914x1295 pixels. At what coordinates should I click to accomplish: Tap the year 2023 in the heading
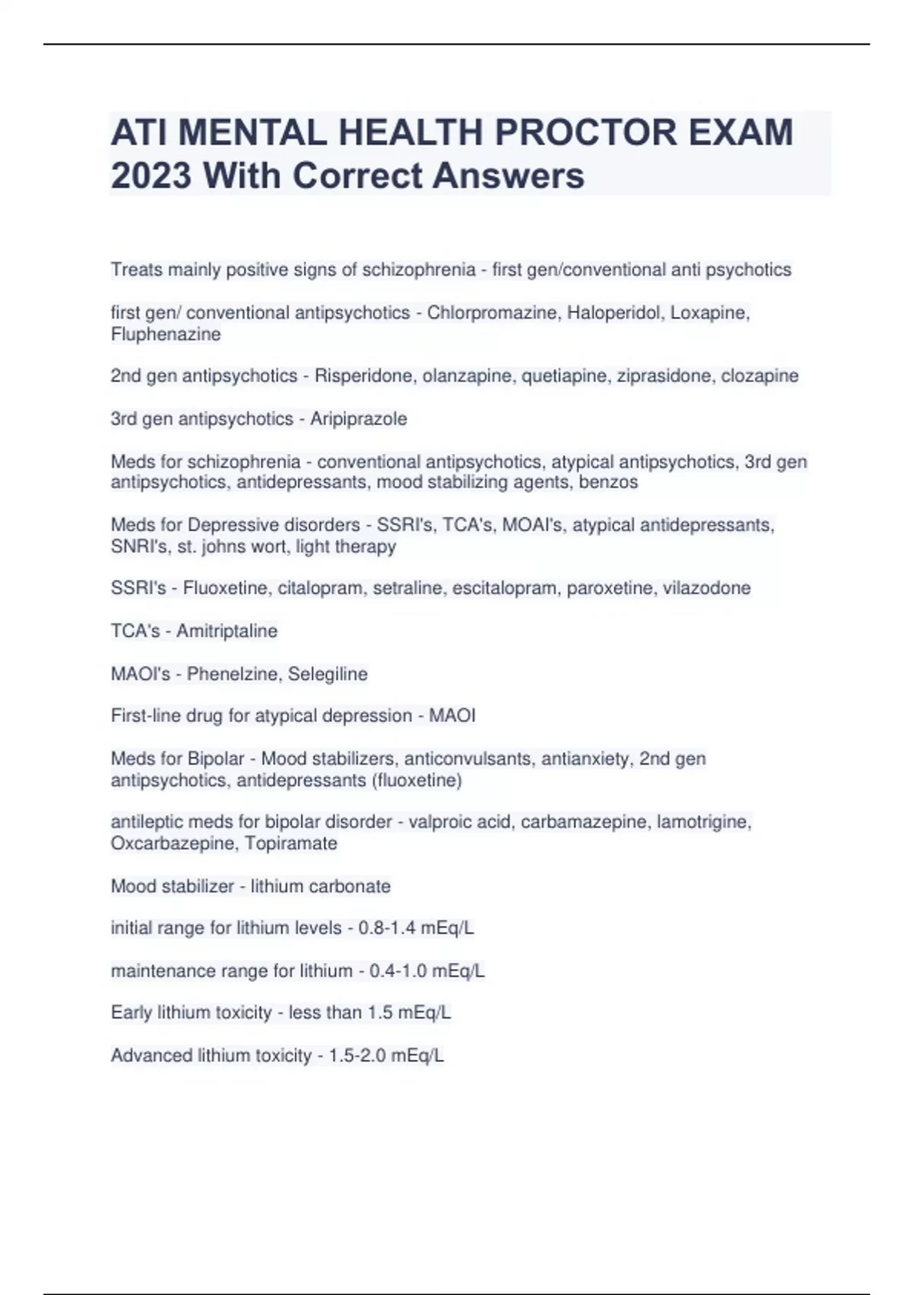point(151,176)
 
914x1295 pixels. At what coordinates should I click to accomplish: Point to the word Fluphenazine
point(165,334)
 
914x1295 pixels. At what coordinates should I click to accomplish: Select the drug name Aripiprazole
point(358,419)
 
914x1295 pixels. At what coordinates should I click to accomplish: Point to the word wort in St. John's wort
point(271,546)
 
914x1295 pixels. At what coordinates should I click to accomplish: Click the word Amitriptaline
point(226,631)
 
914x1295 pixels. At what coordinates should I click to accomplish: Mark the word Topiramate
point(290,843)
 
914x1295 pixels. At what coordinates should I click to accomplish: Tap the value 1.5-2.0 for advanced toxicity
point(357,1056)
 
